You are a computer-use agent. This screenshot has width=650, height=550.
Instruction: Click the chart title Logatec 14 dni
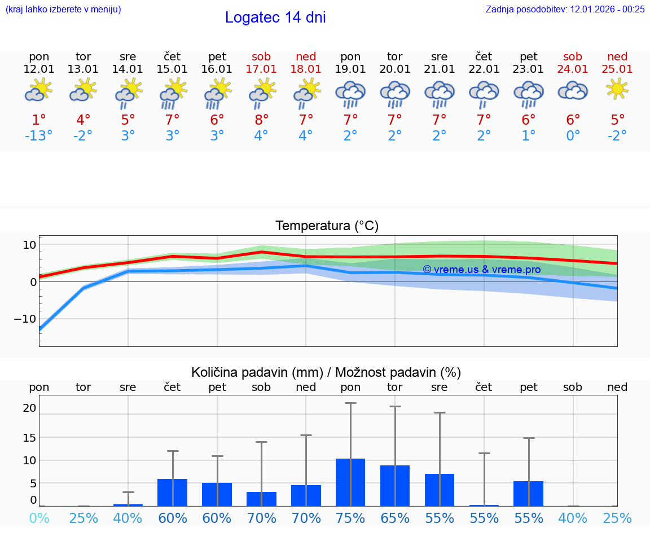coord(275,17)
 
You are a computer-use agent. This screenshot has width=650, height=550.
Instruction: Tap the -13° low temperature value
coord(39,136)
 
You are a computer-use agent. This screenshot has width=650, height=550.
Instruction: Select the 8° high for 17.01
coord(261,120)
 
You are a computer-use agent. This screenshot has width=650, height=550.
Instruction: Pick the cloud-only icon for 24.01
coord(573,91)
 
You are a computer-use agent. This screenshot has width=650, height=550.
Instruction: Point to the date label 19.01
coord(350,69)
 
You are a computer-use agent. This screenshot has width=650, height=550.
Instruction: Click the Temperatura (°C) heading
coord(327,226)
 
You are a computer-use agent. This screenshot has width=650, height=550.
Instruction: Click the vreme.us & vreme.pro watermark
coord(481,270)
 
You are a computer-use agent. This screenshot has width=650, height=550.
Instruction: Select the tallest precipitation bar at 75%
coord(350,482)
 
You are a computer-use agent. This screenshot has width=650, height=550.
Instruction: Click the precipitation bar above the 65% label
coord(395,485)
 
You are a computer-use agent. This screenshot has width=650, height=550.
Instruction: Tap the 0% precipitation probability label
coord(39,518)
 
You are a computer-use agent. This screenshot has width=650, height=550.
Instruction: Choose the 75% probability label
coord(350,518)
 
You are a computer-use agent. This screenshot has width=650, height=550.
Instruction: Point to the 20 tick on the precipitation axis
coord(29,408)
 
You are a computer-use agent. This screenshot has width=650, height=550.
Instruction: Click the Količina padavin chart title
coord(326,372)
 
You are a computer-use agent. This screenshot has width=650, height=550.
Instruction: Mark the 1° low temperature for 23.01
coord(529,136)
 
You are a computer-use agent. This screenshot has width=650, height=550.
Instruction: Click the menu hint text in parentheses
coord(63,9)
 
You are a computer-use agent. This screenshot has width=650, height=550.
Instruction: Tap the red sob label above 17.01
coord(261,56)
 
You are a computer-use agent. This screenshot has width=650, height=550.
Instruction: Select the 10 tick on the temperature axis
coord(29,244)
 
